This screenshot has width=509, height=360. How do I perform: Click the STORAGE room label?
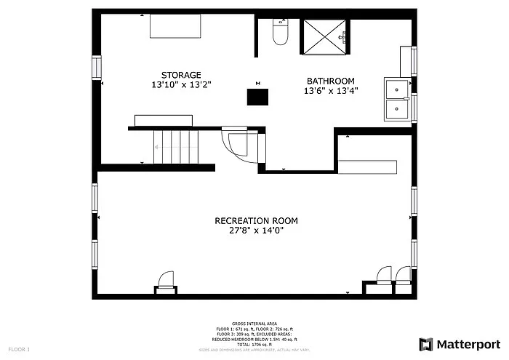click(x=181, y=74)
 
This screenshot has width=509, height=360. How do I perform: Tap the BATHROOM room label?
click(x=330, y=81)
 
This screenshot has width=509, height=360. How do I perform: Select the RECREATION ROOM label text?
click(x=256, y=220)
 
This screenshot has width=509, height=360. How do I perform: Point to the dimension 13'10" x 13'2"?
click(x=181, y=85)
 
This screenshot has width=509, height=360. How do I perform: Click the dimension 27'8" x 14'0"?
click(x=256, y=231)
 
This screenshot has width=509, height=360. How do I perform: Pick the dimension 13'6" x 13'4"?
click(x=330, y=91)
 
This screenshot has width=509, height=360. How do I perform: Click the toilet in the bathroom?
click(x=281, y=33)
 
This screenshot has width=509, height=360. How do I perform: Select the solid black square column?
click(x=257, y=97)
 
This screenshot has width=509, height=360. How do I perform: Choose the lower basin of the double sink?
click(x=397, y=110)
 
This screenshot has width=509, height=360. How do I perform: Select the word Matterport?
click(x=468, y=344)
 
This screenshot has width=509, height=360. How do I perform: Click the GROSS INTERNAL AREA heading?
click(x=255, y=323)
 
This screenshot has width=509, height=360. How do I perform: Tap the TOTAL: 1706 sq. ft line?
click(x=255, y=344)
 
